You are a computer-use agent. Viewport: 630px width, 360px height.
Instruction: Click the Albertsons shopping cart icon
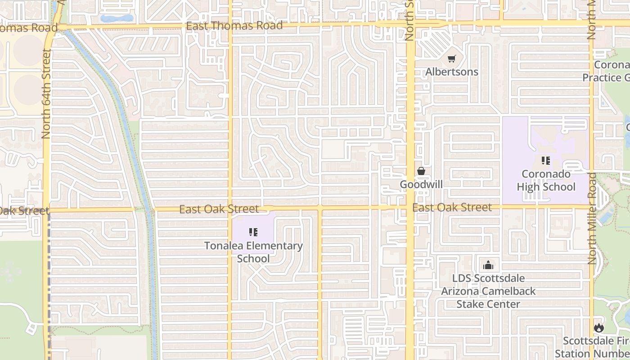(452, 58)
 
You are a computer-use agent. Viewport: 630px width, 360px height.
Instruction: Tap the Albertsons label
(452, 72)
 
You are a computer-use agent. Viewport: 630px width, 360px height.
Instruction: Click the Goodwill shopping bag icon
(421, 171)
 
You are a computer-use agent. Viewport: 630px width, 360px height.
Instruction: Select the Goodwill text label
(421, 184)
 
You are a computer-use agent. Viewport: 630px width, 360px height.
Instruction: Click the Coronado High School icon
(546, 160)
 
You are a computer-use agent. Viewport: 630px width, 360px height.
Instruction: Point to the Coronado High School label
(546, 180)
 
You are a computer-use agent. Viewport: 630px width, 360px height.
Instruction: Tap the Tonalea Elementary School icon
(253, 232)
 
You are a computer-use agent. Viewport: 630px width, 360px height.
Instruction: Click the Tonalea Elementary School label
(253, 252)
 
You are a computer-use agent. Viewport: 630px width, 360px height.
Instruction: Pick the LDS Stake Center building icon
(488, 265)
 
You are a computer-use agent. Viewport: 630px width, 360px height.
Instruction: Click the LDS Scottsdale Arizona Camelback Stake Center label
(488, 291)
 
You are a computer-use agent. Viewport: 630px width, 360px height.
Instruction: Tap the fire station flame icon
(598, 328)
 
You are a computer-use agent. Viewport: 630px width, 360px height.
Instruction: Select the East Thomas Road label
(234, 26)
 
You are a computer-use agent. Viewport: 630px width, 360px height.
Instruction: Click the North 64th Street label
(46, 93)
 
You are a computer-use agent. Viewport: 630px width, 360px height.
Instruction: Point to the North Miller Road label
(592, 218)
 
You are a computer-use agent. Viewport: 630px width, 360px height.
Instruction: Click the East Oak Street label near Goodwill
(452, 207)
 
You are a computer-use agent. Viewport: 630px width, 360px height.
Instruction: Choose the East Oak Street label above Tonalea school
(219, 209)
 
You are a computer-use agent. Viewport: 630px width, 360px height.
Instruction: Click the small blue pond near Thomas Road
(117, 18)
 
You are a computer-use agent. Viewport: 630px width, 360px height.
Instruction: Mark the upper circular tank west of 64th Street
(28, 48)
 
